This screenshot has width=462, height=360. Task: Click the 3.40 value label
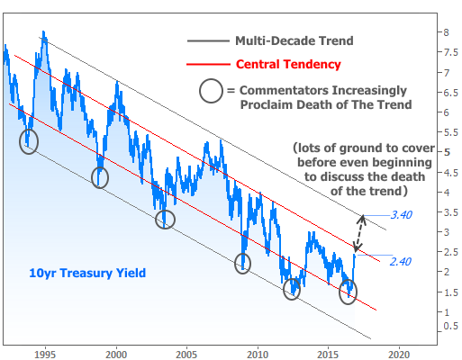click(x=402, y=215)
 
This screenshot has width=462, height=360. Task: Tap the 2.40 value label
click(x=401, y=262)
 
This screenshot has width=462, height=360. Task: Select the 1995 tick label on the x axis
click(x=46, y=355)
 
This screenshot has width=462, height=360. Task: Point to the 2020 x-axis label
click(x=399, y=355)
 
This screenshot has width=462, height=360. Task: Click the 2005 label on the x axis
click(x=186, y=355)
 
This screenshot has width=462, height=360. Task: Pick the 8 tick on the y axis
click(x=447, y=32)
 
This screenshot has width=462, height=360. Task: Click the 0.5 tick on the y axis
click(x=451, y=326)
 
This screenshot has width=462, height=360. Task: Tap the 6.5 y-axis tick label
click(x=451, y=93)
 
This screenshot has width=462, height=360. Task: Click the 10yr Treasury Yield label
click(x=87, y=273)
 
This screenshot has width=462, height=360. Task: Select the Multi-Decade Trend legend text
click(x=294, y=40)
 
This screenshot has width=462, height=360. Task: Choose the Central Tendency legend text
click(x=288, y=64)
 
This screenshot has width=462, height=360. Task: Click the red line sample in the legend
click(x=208, y=64)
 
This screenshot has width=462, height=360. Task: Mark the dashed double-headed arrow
click(x=359, y=233)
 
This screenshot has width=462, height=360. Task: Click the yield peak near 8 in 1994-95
click(x=44, y=31)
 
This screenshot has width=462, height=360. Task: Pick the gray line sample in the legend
click(x=208, y=40)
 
